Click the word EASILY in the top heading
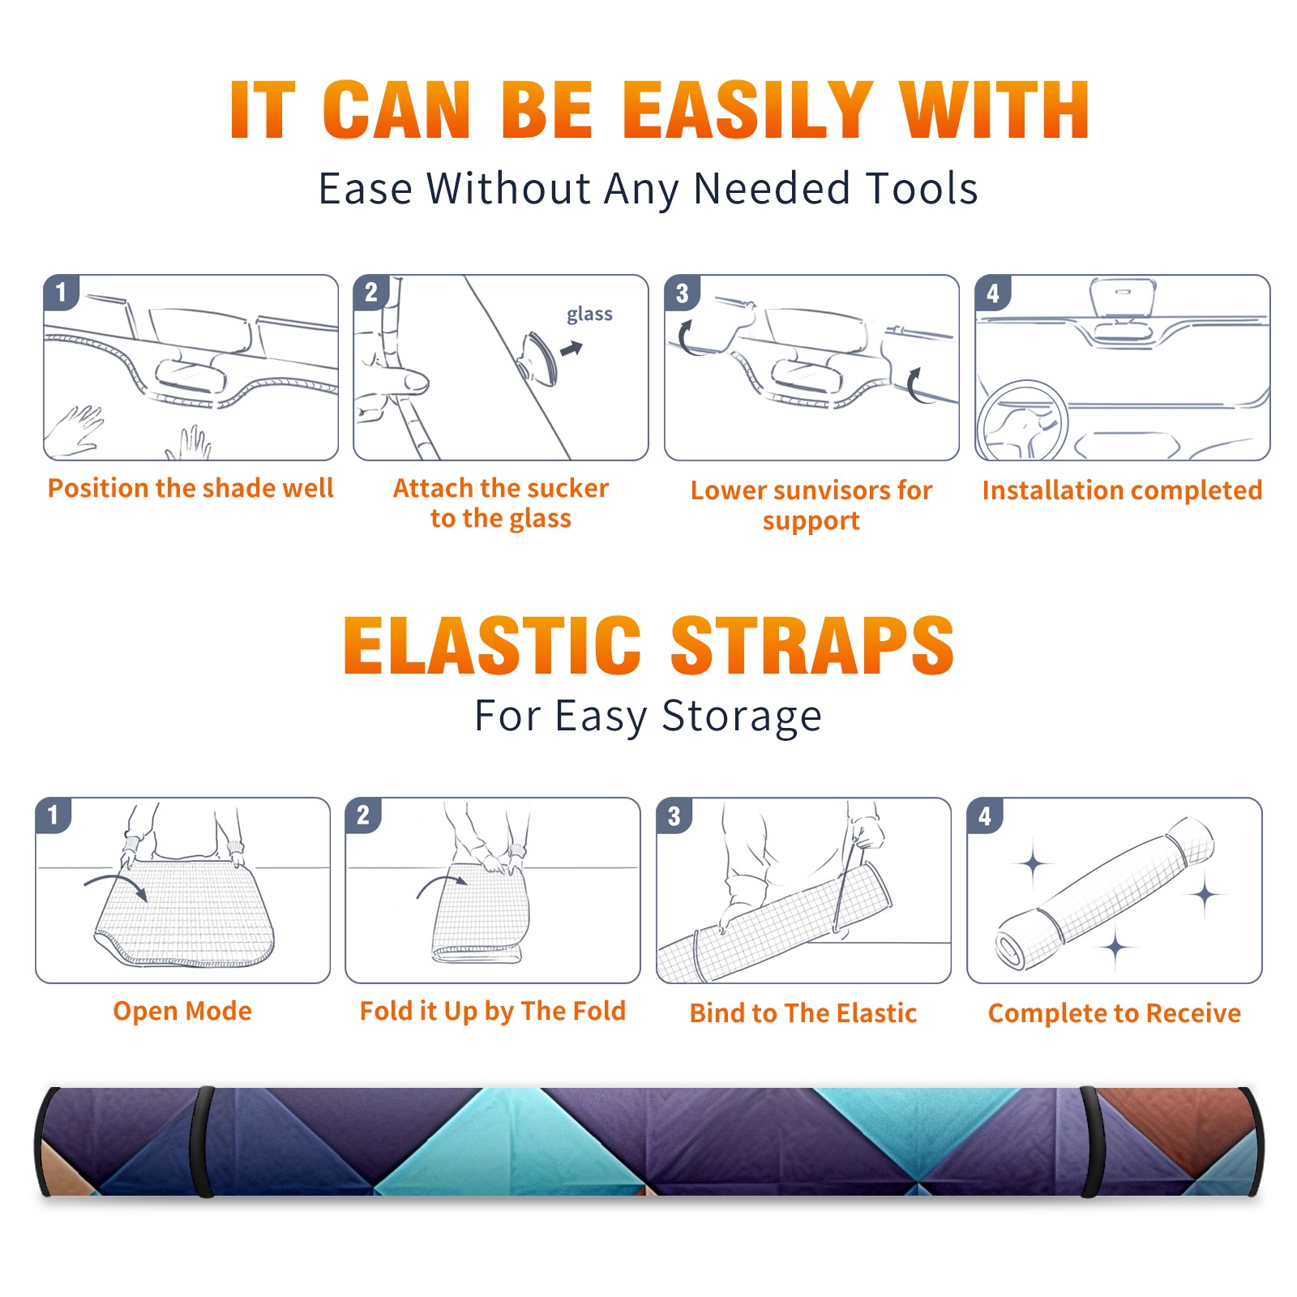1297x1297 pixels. click(x=748, y=110)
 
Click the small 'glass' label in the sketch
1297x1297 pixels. click(x=589, y=315)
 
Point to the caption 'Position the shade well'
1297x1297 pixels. click(x=190, y=488)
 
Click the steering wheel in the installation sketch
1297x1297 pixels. click(x=1021, y=422)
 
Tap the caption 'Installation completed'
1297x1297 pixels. click(x=1122, y=490)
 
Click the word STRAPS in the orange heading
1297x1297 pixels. click(x=812, y=645)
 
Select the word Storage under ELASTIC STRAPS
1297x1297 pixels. click(x=742, y=717)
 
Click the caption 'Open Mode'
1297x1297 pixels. click(x=182, y=1011)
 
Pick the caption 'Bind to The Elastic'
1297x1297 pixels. click(x=803, y=1013)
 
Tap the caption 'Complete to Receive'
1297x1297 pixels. click(x=1115, y=1013)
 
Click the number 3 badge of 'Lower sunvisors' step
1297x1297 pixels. click(x=682, y=293)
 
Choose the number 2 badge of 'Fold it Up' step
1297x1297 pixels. click(x=363, y=815)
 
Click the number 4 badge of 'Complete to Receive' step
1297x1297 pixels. click(x=985, y=815)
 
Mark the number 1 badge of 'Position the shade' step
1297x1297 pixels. click(x=61, y=292)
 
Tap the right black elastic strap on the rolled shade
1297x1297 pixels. click(x=1090, y=1141)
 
